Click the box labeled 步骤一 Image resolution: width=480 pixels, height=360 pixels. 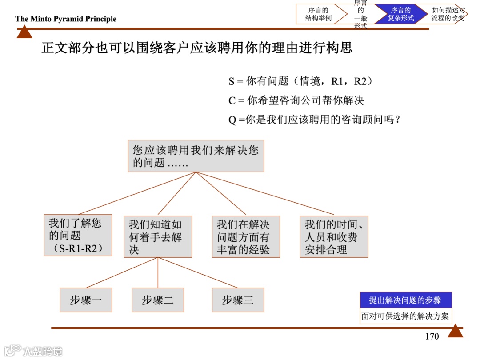[x=86, y=300]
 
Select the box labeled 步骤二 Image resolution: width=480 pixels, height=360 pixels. [x=158, y=300]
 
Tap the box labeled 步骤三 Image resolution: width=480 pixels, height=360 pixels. [x=238, y=300]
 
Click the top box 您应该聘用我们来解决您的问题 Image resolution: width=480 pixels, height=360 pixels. [x=196, y=156]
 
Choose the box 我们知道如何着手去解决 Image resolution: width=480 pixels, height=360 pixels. [x=158, y=236]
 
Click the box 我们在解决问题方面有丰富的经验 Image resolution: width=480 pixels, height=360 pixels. [x=246, y=236]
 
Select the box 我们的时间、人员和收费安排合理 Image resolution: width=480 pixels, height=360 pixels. [x=334, y=236]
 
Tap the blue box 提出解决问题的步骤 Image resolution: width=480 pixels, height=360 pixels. [x=405, y=300]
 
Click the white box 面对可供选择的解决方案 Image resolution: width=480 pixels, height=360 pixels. [x=405, y=316]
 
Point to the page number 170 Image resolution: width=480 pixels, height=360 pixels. [x=432, y=336]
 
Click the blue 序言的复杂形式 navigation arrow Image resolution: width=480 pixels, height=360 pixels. [x=400, y=14]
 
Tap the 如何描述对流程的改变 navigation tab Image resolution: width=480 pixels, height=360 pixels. [x=447, y=14]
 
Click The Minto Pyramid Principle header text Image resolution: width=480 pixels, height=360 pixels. [x=66, y=19]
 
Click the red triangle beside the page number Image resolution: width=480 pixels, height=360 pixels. [x=455, y=331]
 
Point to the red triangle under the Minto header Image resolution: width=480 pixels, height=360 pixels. [x=24, y=32]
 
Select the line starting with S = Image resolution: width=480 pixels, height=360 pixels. [x=300, y=82]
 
